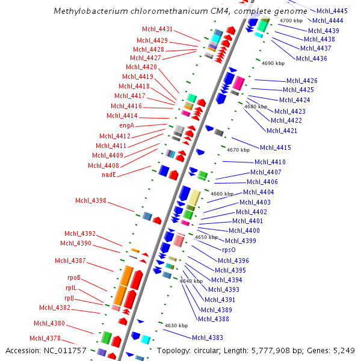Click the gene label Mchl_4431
point(157,29)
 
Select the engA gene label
point(126,125)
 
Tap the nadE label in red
point(108,175)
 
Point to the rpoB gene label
point(73,277)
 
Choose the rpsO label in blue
point(229,250)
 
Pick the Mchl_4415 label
point(276,147)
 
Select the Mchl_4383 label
point(208,338)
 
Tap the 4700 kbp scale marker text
point(291,20)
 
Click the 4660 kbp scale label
point(222,194)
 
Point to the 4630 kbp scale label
point(176,326)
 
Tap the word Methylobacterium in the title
point(88,11)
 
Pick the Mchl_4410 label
point(270,162)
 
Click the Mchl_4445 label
point(332,11)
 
